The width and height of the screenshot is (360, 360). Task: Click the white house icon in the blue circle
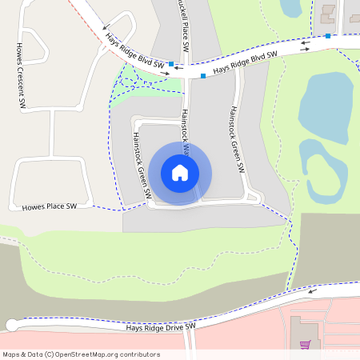pyautogui.click(x=180, y=173)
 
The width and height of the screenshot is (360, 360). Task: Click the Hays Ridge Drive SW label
pyautogui.click(x=161, y=326)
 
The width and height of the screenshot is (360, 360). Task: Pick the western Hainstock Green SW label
pyautogui.click(x=138, y=165)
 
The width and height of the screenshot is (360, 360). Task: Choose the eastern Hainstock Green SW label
pyautogui.click(x=236, y=141)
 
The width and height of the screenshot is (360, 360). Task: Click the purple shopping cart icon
pyautogui.click(x=304, y=345)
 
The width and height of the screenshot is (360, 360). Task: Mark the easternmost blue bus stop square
pyautogui.click(x=328, y=36)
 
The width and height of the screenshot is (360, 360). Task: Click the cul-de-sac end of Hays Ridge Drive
pyautogui.click(x=11, y=325)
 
